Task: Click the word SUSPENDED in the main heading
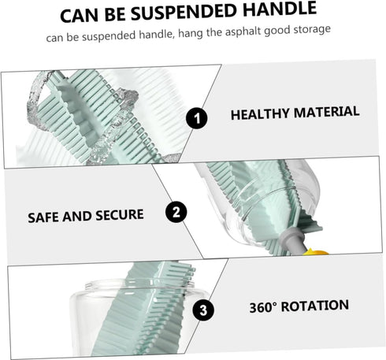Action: [x=184, y=12]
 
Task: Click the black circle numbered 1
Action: [x=197, y=118]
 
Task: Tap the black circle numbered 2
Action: [x=176, y=212]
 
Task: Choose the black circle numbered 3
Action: [x=203, y=310]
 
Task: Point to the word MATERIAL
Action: [x=326, y=112]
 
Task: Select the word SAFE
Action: [x=43, y=217]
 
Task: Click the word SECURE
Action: [x=120, y=215]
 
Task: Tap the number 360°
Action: [x=263, y=307]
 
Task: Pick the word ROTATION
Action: [x=315, y=306]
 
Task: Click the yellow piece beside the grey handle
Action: [x=315, y=252]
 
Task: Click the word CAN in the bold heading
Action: [x=80, y=16]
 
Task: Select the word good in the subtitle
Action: [x=277, y=31]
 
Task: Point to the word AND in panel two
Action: [x=77, y=217]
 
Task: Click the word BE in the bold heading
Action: [x=116, y=14]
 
